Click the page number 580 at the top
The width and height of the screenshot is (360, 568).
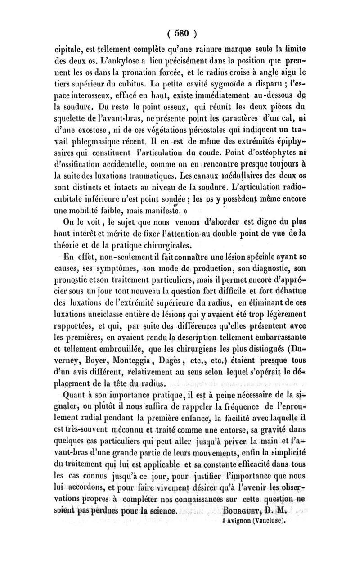[181, 32]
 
